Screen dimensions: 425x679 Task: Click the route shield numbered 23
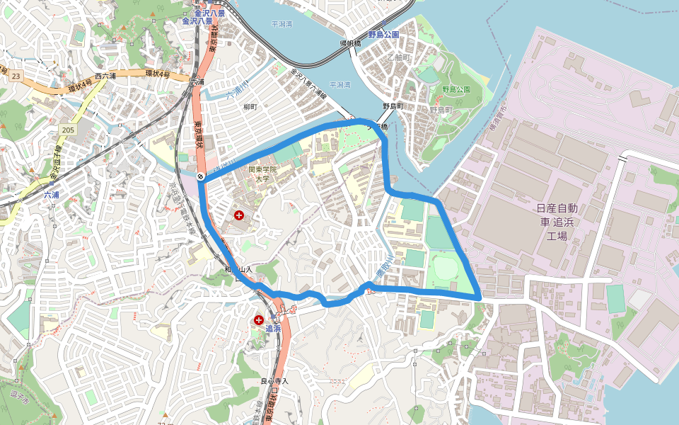tap(16, 74)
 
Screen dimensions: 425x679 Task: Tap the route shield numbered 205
tap(68, 130)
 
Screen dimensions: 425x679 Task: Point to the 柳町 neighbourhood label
tap(250, 106)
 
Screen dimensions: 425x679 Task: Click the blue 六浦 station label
tap(52, 194)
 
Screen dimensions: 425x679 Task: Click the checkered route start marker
tap(201, 176)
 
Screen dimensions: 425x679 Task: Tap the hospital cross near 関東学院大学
tap(239, 215)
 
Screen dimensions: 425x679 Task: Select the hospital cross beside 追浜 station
tap(258, 321)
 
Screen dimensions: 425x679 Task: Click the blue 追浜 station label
tap(273, 329)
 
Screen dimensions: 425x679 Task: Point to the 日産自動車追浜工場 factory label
tap(557, 221)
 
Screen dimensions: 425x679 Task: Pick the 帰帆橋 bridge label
tap(350, 43)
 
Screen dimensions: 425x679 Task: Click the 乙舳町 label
tap(399, 57)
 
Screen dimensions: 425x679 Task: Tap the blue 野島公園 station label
tap(383, 34)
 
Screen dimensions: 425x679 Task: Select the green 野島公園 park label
tap(456, 89)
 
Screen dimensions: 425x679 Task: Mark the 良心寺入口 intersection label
tap(274, 381)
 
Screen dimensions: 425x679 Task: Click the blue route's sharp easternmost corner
tap(480, 295)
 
